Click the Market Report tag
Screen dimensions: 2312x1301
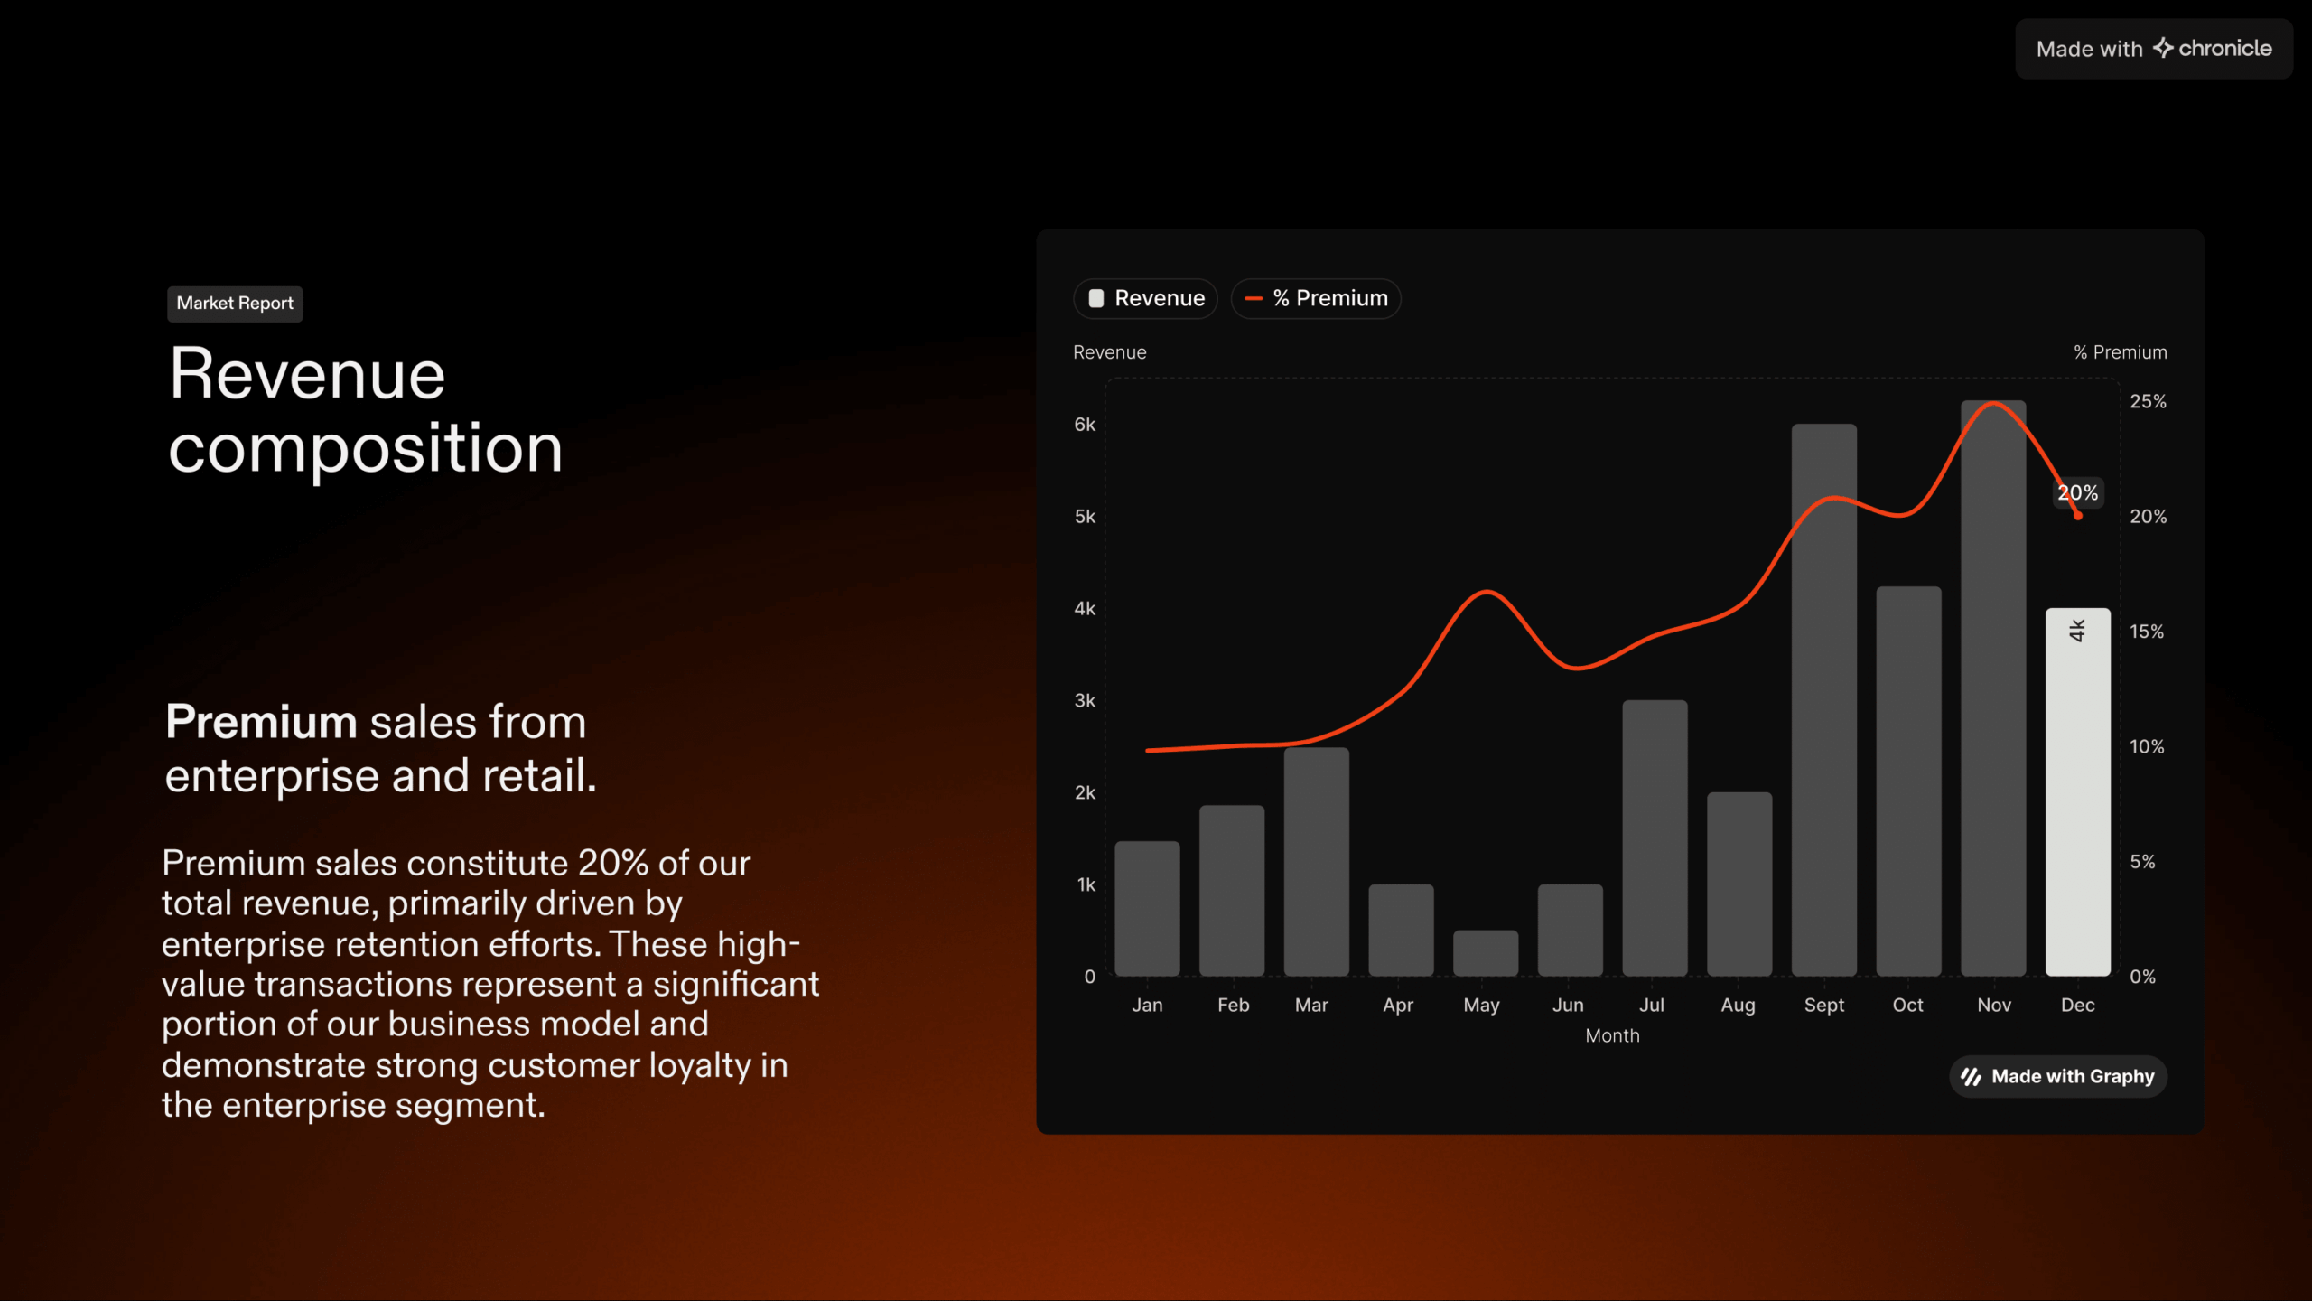point(235,304)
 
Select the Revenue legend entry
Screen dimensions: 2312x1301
point(1145,298)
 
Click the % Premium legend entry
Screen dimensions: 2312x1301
point(1316,298)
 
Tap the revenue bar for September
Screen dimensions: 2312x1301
point(1824,700)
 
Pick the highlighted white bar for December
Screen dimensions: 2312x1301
point(2078,792)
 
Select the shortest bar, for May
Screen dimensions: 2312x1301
point(1486,953)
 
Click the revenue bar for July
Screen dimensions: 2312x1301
point(1655,838)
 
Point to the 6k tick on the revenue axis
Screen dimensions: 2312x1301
point(1085,425)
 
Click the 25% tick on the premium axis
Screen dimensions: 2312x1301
point(2148,401)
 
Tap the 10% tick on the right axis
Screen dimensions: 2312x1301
point(2147,746)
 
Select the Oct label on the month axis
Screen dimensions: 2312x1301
point(1908,1005)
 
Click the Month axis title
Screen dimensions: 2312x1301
point(1612,1035)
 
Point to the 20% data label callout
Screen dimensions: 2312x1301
point(2078,492)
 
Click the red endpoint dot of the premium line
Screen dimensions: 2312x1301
point(2078,516)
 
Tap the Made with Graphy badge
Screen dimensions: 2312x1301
point(2058,1076)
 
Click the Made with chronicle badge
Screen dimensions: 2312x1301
point(2154,49)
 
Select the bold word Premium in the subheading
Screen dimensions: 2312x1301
point(262,722)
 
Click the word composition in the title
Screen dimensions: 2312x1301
point(366,449)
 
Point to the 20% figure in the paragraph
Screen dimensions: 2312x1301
point(613,863)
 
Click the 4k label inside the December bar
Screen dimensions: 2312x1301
point(2077,630)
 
